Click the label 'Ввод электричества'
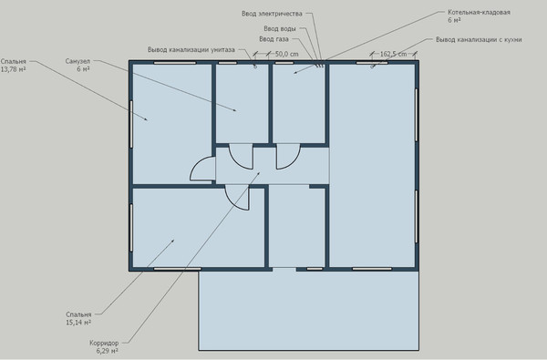click(x=272, y=14)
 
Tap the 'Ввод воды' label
click(x=280, y=28)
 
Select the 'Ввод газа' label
click(x=273, y=39)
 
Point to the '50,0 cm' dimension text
click(x=287, y=54)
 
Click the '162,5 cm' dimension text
click(x=393, y=54)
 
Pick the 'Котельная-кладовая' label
click(x=479, y=12)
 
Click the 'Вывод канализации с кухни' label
click(x=479, y=39)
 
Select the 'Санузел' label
click(x=77, y=61)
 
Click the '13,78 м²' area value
click(x=14, y=69)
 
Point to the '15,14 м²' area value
click(x=78, y=323)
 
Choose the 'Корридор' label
click(x=104, y=343)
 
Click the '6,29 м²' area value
click(x=107, y=351)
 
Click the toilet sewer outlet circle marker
click(x=255, y=67)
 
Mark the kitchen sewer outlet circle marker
click(x=372, y=67)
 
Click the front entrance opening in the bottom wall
click(x=284, y=269)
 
